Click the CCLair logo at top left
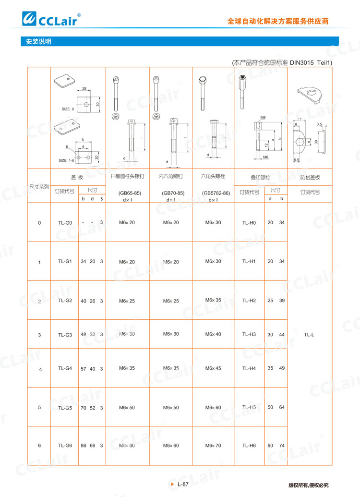tap(50, 19)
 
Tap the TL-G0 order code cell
tap(65, 223)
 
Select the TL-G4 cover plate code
tap(65, 368)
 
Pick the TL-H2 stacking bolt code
tap(249, 301)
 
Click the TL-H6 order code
tap(249, 446)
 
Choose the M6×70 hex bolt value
tap(213, 446)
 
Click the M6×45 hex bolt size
tap(213, 368)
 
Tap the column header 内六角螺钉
tap(171, 176)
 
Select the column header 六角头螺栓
tap(213, 176)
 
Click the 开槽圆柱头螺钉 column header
tap(127, 176)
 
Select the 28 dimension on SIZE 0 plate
tap(84, 89)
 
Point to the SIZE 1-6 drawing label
tap(67, 160)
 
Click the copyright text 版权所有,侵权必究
tap(308, 485)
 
